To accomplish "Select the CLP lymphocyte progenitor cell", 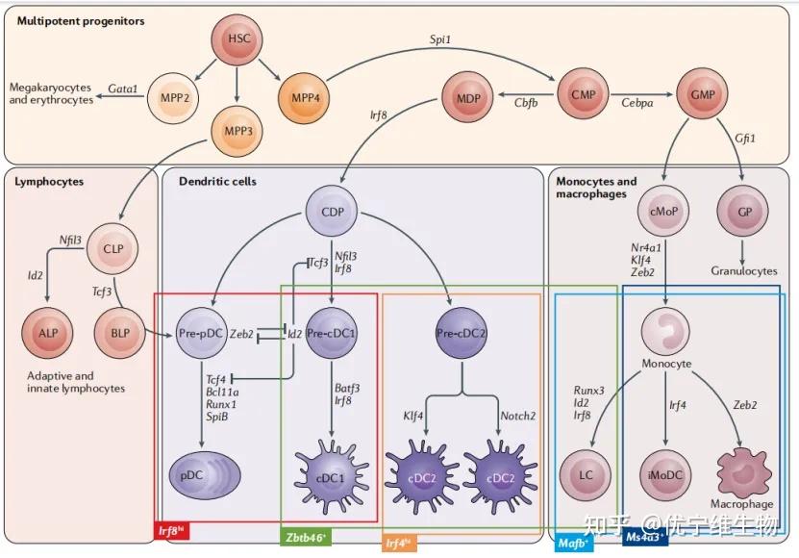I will click(x=119, y=250).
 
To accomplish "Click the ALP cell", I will click(x=45, y=334).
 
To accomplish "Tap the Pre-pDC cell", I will click(x=201, y=334).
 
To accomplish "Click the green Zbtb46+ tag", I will click(x=305, y=537).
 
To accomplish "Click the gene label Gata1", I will click(x=122, y=89).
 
